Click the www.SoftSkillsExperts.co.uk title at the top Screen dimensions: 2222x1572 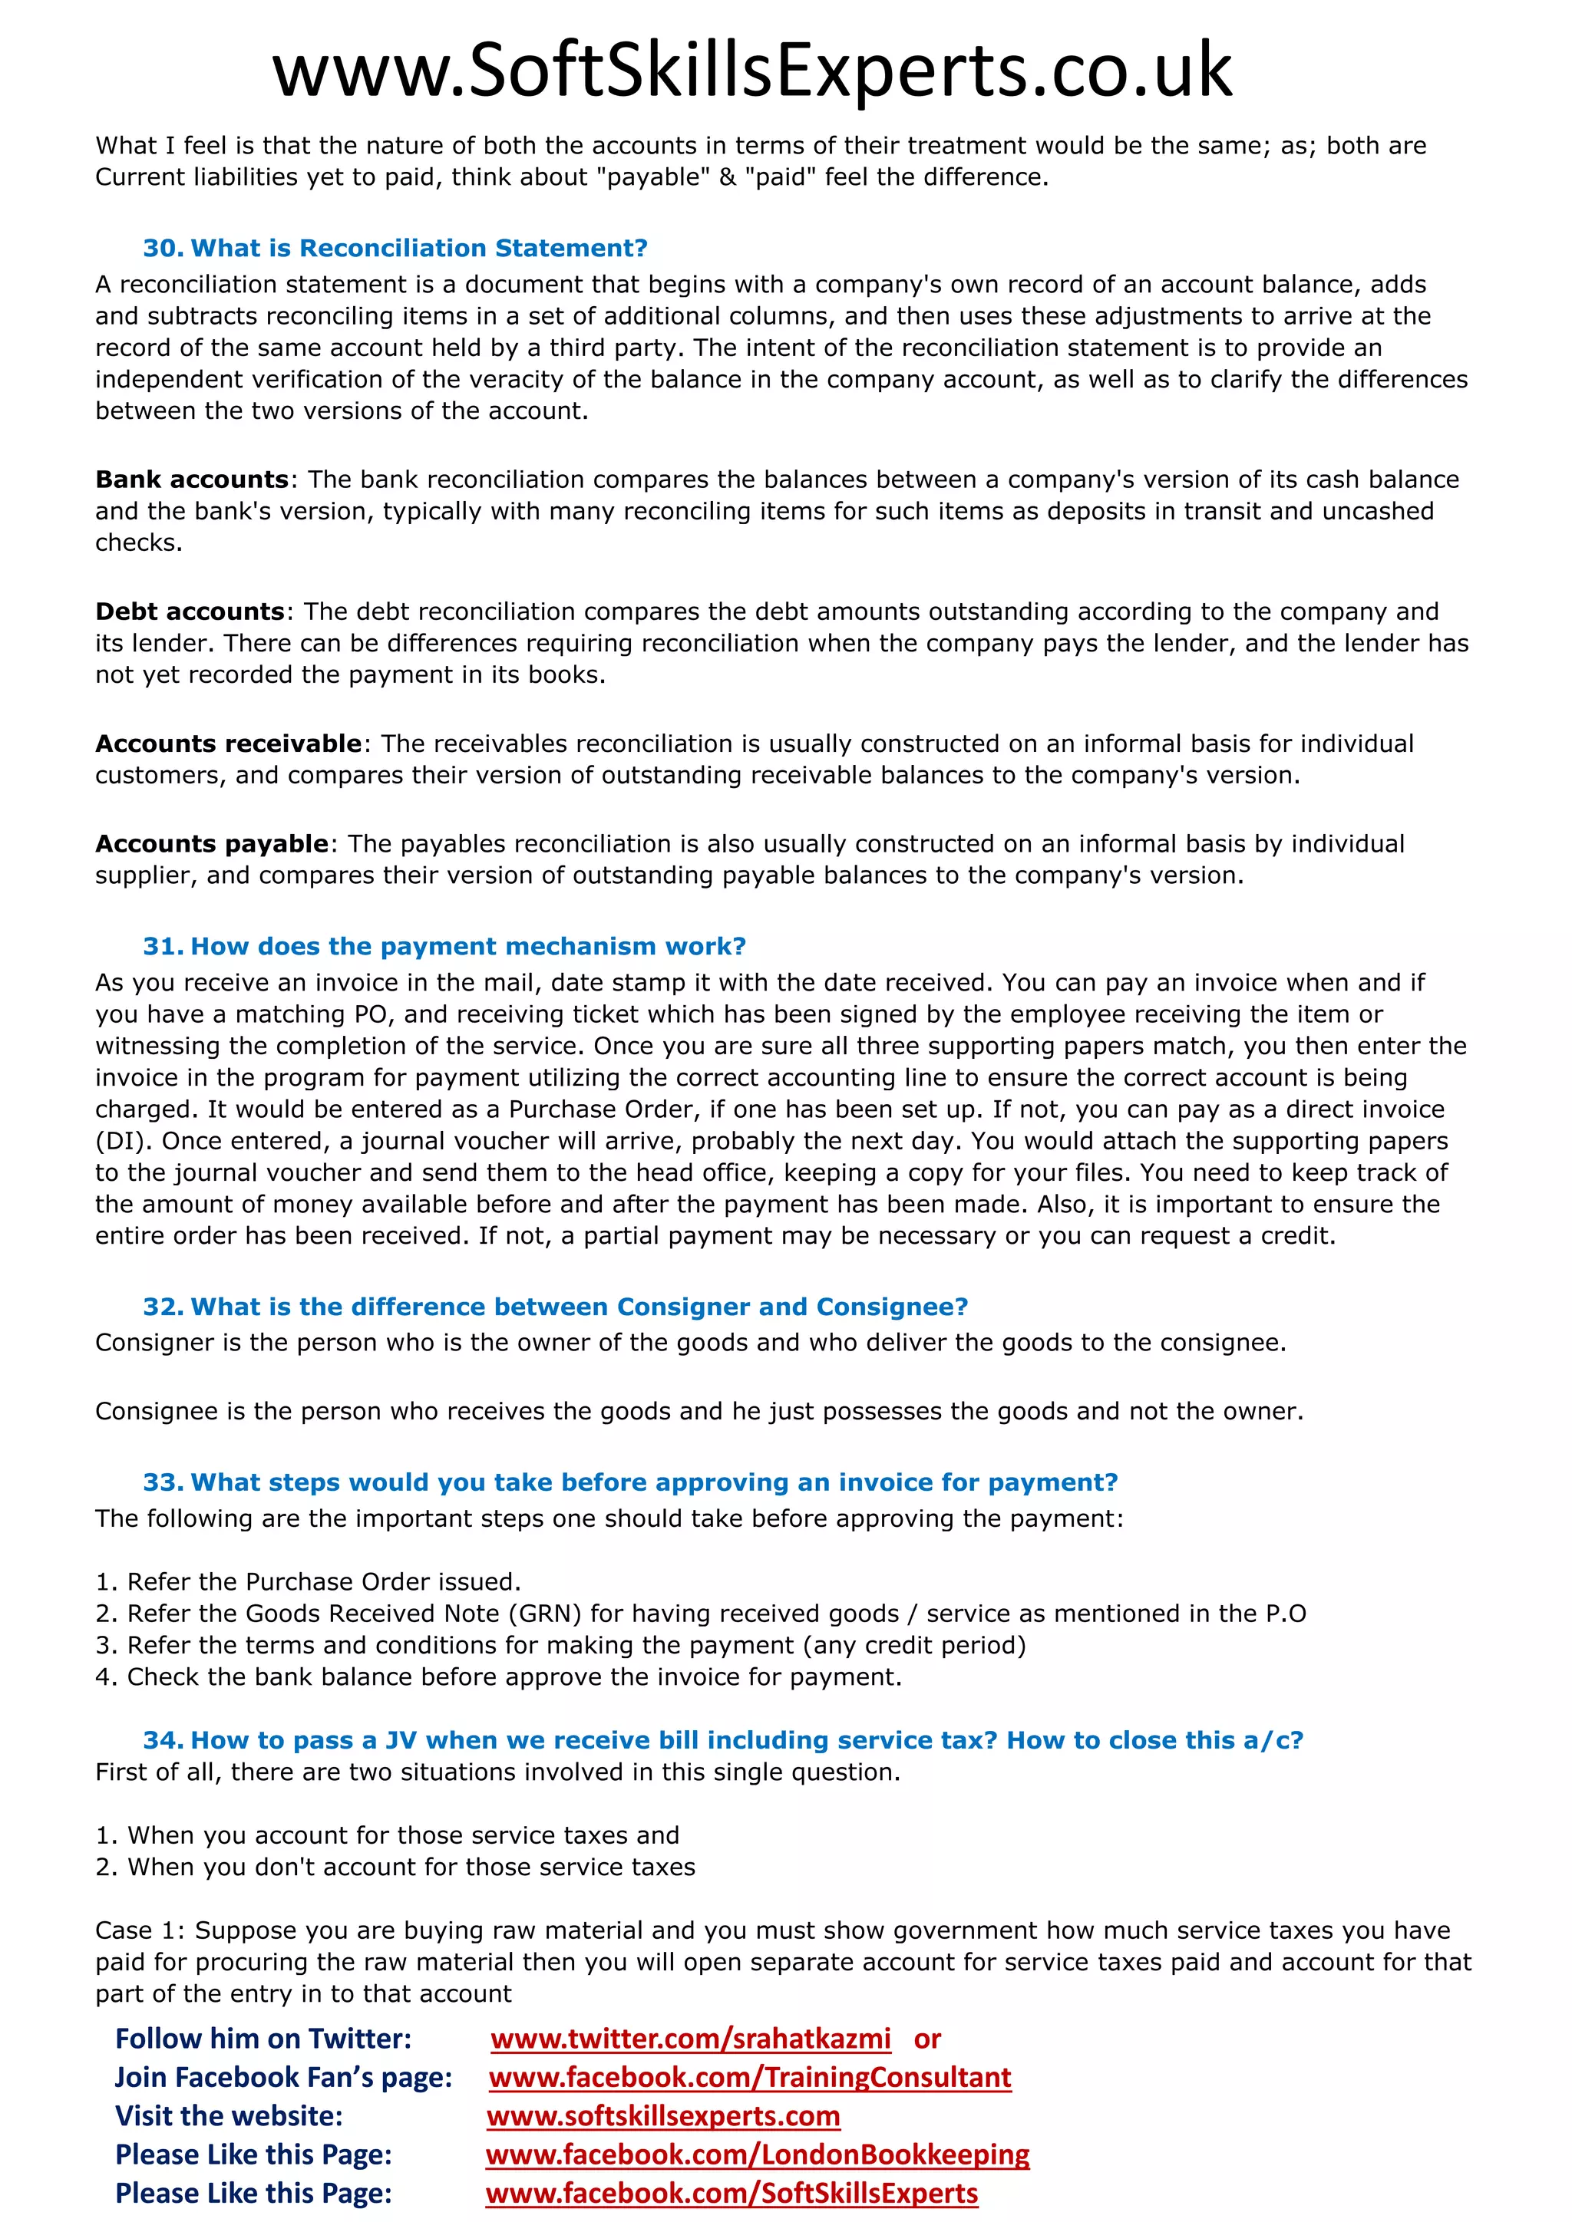click(752, 71)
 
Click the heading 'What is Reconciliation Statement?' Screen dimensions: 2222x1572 click(418, 249)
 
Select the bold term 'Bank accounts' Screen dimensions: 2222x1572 click(192, 480)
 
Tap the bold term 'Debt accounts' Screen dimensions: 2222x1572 click(190, 612)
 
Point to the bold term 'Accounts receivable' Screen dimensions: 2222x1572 click(229, 744)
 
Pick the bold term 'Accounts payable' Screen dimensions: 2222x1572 click(212, 844)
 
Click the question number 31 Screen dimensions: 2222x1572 click(162, 947)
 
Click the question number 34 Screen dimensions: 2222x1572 click(162, 1741)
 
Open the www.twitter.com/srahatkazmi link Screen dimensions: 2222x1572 click(690, 2039)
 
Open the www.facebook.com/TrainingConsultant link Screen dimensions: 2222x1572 click(750, 2078)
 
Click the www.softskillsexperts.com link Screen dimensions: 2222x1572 click(663, 2117)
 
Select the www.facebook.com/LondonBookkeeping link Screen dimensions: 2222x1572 click(757, 2155)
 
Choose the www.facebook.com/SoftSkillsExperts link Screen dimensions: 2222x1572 click(732, 2194)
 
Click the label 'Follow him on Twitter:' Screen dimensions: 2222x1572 click(263, 2039)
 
